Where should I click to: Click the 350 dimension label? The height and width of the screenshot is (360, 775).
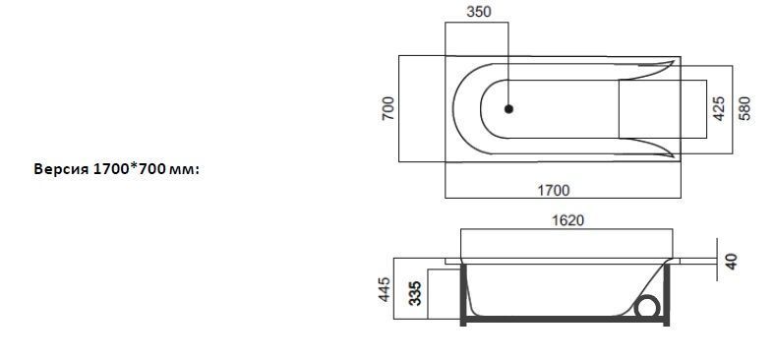click(479, 12)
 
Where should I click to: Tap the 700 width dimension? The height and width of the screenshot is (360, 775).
click(388, 108)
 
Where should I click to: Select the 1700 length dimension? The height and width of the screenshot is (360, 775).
click(554, 190)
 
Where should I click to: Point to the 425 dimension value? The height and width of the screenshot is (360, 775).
click(720, 109)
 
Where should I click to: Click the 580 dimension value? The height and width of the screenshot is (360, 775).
click(745, 109)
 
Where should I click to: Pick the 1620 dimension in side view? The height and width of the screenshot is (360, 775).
click(567, 220)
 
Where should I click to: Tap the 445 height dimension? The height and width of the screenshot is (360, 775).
click(385, 289)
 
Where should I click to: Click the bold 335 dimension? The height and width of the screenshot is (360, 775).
click(416, 293)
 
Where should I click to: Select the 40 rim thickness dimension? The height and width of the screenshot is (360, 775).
click(731, 261)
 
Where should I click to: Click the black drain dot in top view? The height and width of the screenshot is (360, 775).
click(508, 109)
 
